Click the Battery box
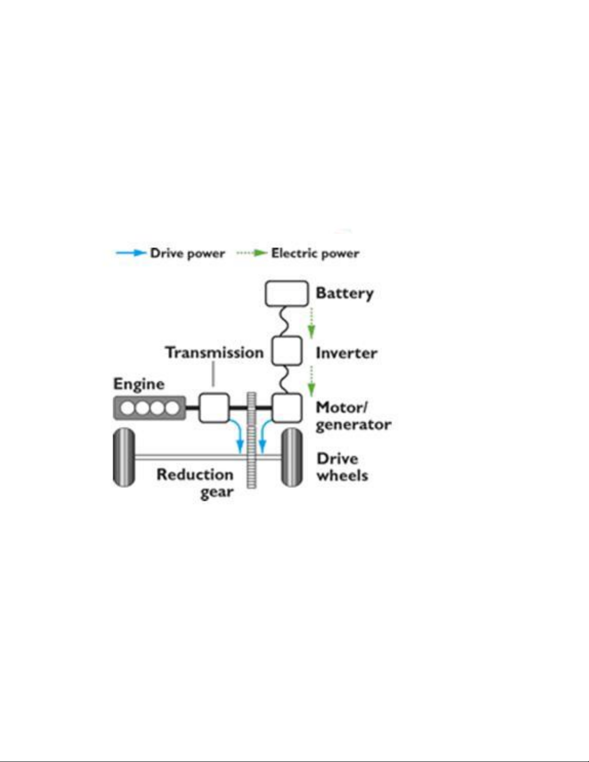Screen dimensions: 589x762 (x=287, y=293)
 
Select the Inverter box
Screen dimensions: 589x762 (x=287, y=350)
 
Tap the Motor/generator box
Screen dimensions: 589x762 (x=287, y=408)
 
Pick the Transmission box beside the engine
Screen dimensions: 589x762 (x=214, y=408)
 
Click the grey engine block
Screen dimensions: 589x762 (x=150, y=408)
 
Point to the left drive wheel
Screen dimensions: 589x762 (x=124, y=457)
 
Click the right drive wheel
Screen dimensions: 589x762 (x=292, y=457)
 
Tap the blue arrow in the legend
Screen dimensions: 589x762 (x=131, y=253)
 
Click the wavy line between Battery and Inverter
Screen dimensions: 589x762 (x=286, y=321)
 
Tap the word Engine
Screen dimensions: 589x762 (x=139, y=385)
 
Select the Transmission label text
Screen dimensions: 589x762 (x=214, y=352)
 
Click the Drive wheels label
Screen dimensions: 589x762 (x=342, y=467)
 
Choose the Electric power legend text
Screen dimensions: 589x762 (x=315, y=253)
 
